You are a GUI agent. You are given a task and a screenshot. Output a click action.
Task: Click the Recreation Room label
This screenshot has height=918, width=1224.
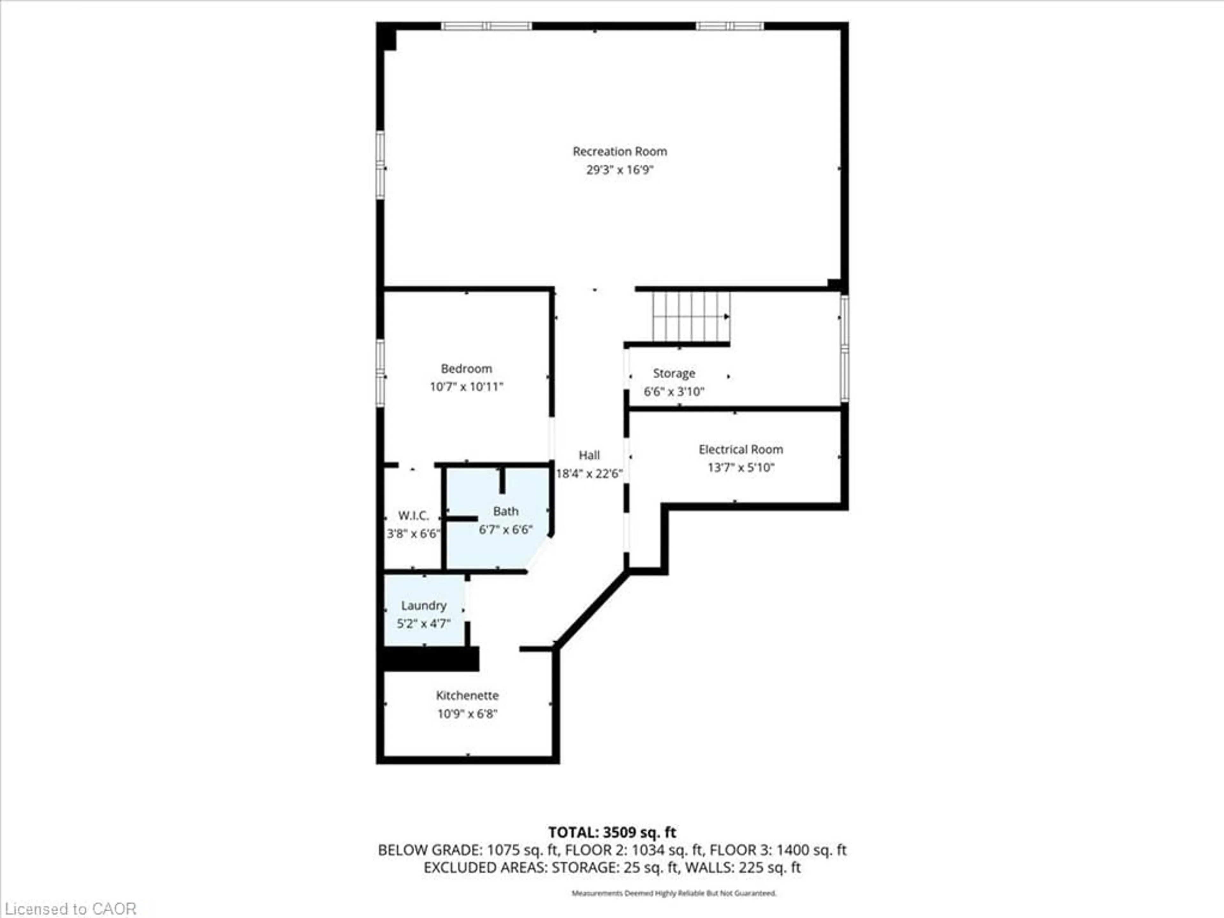[x=619, y=151]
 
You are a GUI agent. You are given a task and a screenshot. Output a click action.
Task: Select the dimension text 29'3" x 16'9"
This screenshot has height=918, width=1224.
[x=619, y=170]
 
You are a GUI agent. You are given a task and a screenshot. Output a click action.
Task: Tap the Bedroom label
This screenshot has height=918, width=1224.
[x=466, y=368]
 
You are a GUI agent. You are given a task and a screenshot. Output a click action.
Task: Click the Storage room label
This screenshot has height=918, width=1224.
[x=674, y=374]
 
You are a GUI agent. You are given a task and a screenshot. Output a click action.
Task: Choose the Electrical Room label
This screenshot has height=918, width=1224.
[x=740, y=449]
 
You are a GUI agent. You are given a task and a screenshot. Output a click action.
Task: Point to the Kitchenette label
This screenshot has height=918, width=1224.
[x=467, y=696]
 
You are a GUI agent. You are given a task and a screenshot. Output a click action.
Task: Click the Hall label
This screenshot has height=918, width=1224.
[x=589, y=455]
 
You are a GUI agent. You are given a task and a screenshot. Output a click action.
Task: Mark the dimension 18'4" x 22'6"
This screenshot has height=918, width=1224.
[x=589, y=474]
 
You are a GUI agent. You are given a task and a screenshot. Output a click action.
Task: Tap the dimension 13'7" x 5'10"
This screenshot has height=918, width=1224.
[x=740, y=468]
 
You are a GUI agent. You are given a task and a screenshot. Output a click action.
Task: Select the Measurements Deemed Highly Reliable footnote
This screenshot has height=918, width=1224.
[x=674, y=893]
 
